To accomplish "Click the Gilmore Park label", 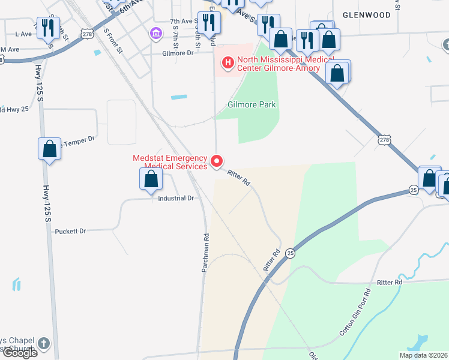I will pos(252,104).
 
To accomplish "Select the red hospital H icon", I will pos(228,61).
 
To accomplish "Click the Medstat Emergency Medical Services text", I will pos(170,162).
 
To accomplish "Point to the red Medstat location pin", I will pos(217,161).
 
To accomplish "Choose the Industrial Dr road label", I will pos(176,198).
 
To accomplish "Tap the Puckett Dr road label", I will pos(70,231).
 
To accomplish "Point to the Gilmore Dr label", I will pos(178,53).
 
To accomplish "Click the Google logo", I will pos(19,353).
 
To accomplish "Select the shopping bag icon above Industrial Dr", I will pos(151,179).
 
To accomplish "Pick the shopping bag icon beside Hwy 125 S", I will pos(49,149).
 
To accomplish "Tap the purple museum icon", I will pos(156,32).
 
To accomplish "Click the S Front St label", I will pos(113,41).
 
